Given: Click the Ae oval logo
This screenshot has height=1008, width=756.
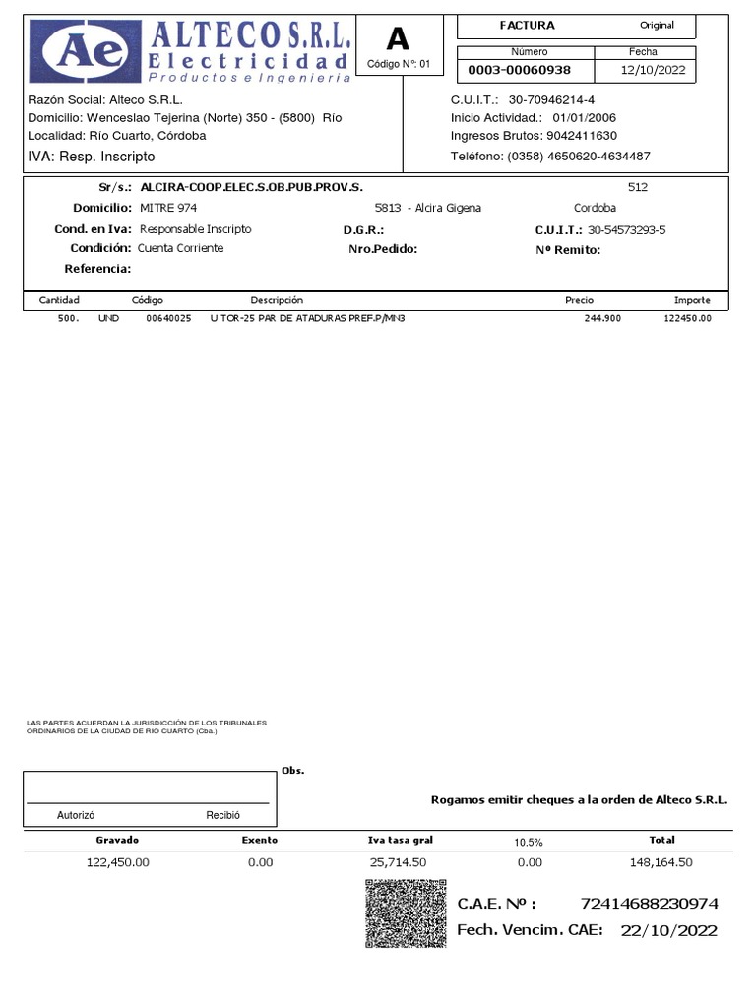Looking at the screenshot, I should click(x=84, y=50).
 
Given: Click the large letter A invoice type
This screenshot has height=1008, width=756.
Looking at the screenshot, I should click(x=398, y=39).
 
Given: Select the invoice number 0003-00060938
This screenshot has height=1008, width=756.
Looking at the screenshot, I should click(x=519, y=71).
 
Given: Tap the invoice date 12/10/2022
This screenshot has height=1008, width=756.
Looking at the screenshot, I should click(x=653, y=71).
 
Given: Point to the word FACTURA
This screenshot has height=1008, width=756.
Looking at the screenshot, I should click(x=527, y=26).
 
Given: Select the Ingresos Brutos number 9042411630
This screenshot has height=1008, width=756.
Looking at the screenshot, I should click(x=574, y=135).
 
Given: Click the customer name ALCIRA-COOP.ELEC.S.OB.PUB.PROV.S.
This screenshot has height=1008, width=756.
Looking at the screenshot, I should click(x=251, y=186).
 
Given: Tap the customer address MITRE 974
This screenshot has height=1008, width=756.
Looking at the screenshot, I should click(x=168, y=208).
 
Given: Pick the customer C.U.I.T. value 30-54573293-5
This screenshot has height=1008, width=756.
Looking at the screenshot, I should click(x=626, y=229).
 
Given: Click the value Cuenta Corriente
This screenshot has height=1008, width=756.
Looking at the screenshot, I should click(x=180, y=248).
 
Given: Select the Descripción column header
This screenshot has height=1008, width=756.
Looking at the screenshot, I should click(x=277, y=300).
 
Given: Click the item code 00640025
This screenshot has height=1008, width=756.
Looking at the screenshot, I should click(x=168, y=319).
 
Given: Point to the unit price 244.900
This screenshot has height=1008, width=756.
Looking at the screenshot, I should click(x=602, y=319).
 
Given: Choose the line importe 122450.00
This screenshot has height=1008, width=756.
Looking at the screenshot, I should click(x=687, y=319).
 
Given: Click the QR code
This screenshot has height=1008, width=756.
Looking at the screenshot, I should click(x=406, y=914).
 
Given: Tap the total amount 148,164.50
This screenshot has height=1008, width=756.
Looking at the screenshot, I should click(x=661, y=862).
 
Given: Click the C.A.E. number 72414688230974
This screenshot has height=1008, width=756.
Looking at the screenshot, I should click(x=650, y=904).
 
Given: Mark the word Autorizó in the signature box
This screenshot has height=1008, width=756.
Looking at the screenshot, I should click(x=76, y=815).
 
